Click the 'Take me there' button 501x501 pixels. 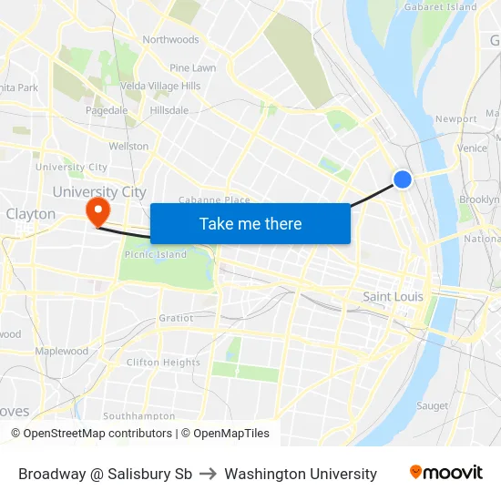pyautogui.click(x=250, y=223)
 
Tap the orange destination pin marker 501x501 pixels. pyautogui.click(x=97, y=212)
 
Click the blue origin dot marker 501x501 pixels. pyautogui.click(x=403, y=180)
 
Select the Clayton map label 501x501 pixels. pyautogui.click(x=31, y=214)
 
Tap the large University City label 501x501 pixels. pyautogui.click(x=99, y=192)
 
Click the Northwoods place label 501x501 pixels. pyautogui.click(x=170, y=40)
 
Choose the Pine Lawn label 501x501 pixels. pyautogui.click(x=192, y=68)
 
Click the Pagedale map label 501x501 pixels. pyautogui.click(x=107, y=110)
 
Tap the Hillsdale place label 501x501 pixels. pyautogui.click(x=169, y=110)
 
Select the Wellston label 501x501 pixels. pyautogui.click(x=128, y=146)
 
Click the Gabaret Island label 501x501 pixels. pyautogui.click(x=441, y=7)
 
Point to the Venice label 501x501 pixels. pyautogui.click(x=473, y=148)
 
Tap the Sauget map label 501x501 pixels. pyautogui.click(x=432, y=405)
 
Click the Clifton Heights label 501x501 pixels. pyautogui.click(x=163, y=363)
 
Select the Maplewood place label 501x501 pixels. pyautogui.click(x=62, y=352)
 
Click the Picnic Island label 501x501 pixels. pyautogui.click(x=155, y=255)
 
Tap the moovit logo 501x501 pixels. pyautogui.click(x=446, y=473)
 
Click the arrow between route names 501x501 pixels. pyautogui.click(x=208, y=474)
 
